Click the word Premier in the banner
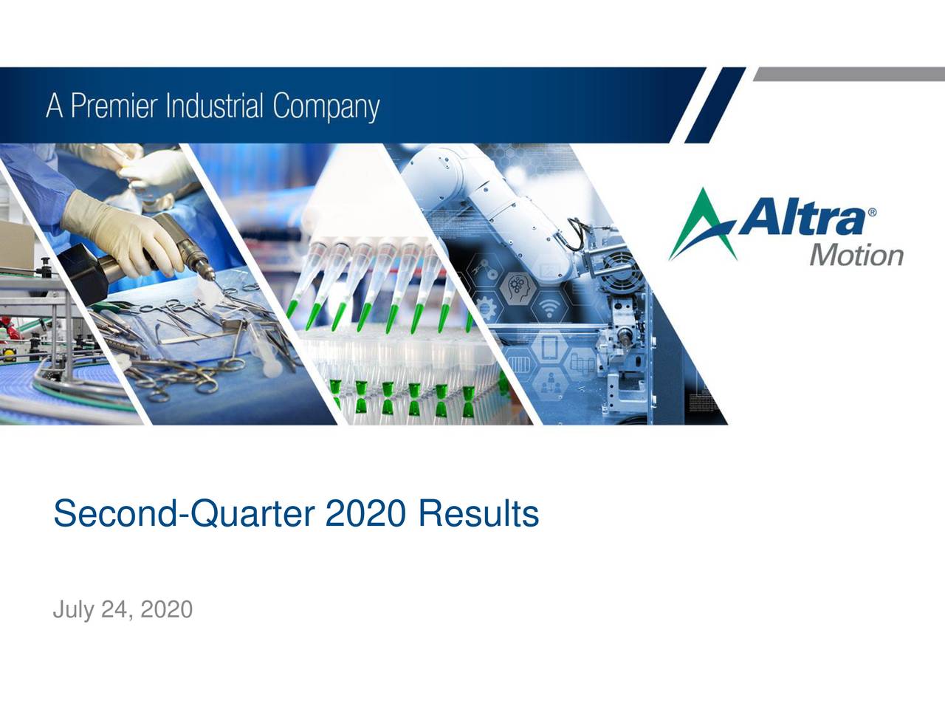pyautogui.click(x=112, y=107)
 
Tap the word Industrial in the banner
pyautogui.click(x=215, y=107)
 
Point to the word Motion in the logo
pyautogui.click(x=856, y=256)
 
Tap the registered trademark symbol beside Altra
pyautogui.click(x=873, y=212)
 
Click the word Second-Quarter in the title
pyautogui.click(x=184, y=514)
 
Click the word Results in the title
pyautogui.click(x=478, y=514)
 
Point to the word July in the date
pyautogui.click(x=73, y=610)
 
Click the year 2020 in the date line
pyautogui.click(x=166, y=610)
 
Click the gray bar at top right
pyautogui.click(x=849, y=75)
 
